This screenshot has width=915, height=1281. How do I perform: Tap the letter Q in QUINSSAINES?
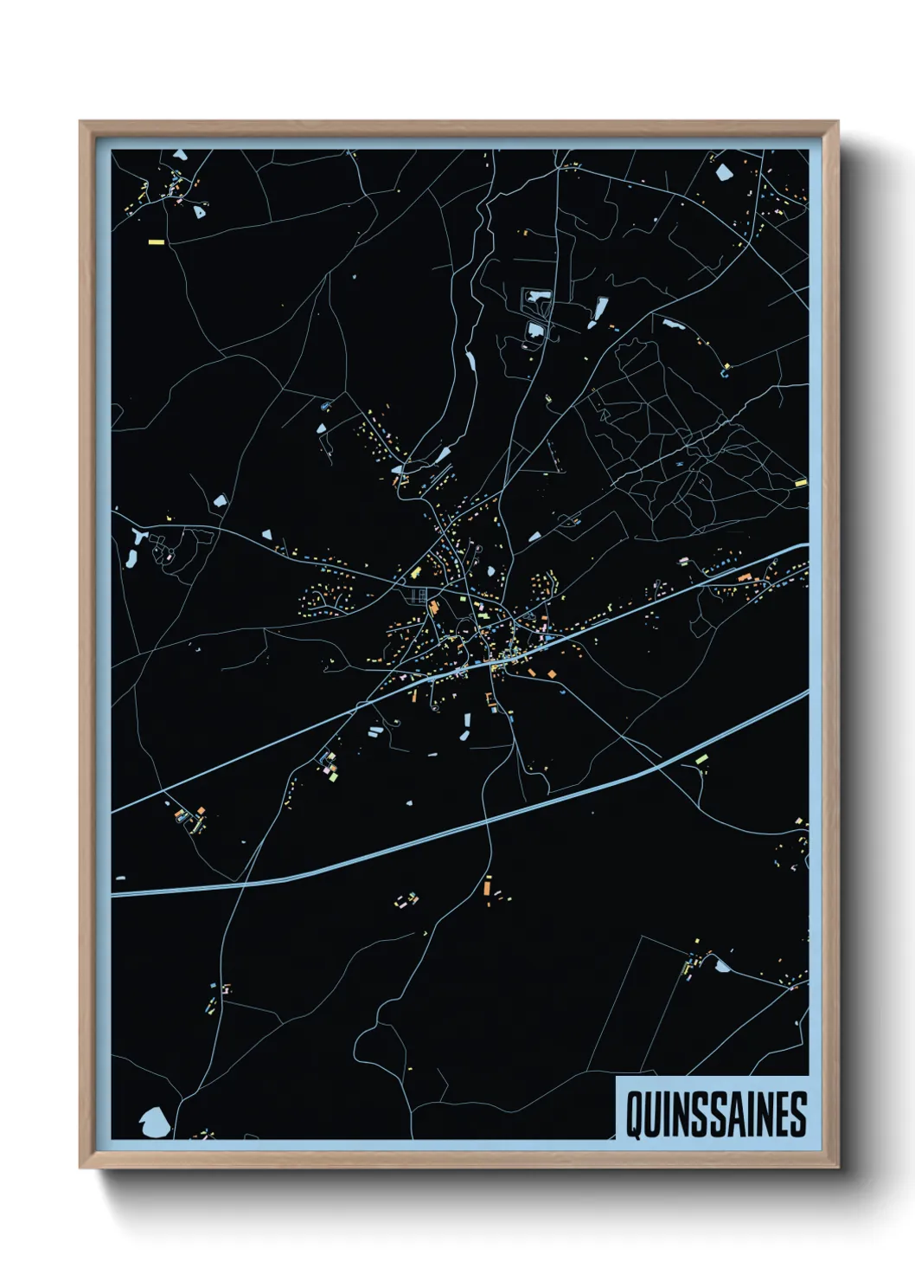634,1114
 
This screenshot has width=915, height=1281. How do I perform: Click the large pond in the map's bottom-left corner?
154,1122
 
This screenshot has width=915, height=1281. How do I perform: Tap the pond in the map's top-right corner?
724,171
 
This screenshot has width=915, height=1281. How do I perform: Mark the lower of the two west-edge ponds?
131,560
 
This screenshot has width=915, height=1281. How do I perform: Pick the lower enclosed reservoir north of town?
535,330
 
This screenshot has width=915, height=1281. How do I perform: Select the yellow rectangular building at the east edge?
800,482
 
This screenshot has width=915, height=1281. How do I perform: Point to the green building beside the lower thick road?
702,758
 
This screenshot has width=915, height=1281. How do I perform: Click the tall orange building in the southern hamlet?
487,885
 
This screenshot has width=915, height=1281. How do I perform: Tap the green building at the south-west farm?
332,776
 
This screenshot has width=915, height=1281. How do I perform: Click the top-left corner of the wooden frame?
81,123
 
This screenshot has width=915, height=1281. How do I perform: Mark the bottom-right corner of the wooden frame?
836,1167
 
